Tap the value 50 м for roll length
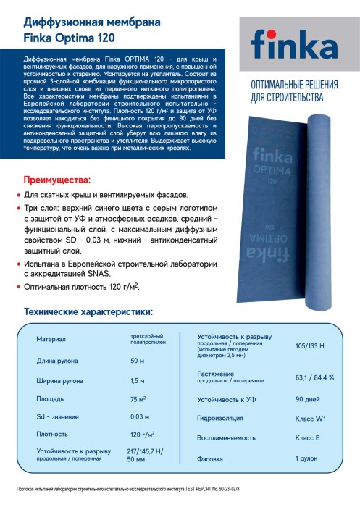pos(137,360)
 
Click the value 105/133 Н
pos(311,345)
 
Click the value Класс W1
pos(309,419)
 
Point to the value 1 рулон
pos(306,459)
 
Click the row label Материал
pos(51,340)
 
